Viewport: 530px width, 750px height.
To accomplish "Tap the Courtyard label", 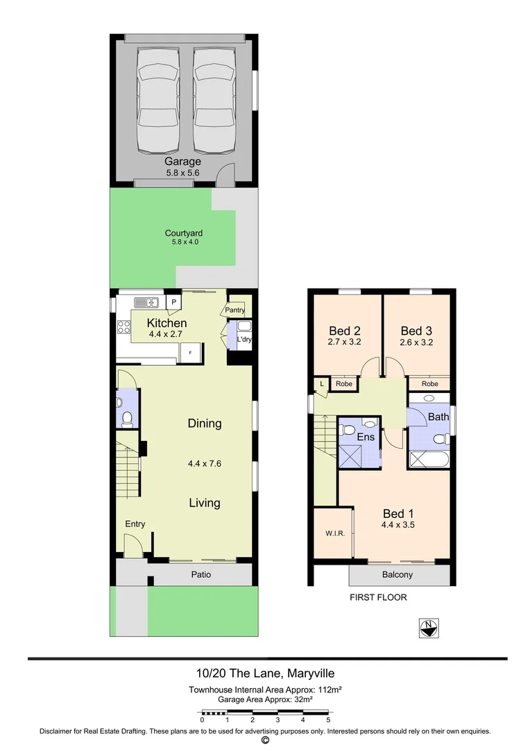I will tap(183, 233).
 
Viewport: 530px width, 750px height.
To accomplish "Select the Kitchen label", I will tap(166, 323).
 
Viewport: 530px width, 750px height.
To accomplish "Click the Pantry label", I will tap(234, 310).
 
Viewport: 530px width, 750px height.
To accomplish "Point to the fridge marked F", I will tap(189, 353).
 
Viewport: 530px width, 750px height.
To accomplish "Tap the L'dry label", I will tap(243, 340).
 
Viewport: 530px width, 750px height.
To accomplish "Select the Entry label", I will tap(135, 524).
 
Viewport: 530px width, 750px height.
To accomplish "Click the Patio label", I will tap(201, 574).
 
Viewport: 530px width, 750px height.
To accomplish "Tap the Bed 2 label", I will tap(344, 331).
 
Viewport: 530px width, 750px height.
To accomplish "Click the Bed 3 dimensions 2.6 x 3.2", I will tap(416, 342).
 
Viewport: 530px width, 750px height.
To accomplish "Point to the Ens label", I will tap(366, 437).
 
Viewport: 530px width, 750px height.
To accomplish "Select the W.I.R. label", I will tap(334, 534).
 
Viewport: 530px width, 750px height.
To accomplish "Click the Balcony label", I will tap(397, 574).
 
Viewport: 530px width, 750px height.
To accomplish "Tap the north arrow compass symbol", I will tap(429, 628).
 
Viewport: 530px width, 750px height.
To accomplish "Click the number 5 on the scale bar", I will tap(328, 719).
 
